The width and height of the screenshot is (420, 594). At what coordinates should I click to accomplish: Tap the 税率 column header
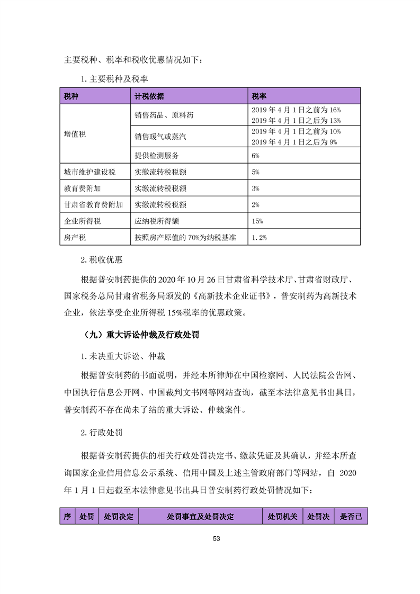259,96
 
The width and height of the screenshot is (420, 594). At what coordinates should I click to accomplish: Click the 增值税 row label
75,134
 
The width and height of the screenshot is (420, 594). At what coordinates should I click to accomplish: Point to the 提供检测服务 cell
157,156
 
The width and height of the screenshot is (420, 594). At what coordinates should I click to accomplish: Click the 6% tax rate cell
256,156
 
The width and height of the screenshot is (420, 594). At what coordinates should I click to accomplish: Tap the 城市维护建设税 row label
90,172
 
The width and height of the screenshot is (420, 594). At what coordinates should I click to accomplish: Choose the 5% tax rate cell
256,172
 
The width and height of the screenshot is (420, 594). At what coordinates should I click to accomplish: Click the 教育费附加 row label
82,188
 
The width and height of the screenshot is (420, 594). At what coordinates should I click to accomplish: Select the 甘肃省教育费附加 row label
93,205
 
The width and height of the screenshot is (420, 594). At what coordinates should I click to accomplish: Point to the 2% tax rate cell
256,205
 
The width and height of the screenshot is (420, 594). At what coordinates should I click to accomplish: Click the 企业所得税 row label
82,221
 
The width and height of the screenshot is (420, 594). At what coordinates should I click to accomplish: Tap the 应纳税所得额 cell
157,221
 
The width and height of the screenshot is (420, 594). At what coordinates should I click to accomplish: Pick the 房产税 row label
75,238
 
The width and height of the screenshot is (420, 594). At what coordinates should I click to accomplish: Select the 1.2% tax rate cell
260,238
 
